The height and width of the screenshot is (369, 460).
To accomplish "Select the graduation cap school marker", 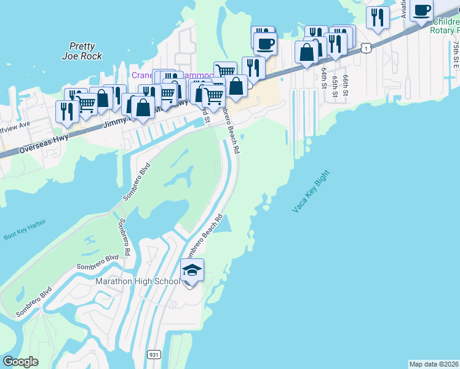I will pyautogui.click(x=192, y=271).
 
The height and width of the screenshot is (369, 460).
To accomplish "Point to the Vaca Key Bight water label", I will pyautogui.click(x=311, y=192).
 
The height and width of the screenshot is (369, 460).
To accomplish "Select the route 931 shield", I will pyautogui.click(x=154, y=354).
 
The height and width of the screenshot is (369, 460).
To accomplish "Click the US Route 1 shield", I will pyautogui.click(x=366, y=47).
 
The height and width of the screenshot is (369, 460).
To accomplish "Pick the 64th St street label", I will pyautogui.click(x=324, y=78).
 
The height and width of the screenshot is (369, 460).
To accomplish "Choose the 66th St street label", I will pyautogui.click(x=346, y=85).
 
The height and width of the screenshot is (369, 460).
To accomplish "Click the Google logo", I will pyautogui.click(x=20, y=362).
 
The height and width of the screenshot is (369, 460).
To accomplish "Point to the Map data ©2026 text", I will pyautogui.click(x=434, y=364).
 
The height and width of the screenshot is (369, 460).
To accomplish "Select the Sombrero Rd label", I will pyautogui.click(x=124, y=237).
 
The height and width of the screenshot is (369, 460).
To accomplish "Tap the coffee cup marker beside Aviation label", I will pyautogui.click(x=422, y=11).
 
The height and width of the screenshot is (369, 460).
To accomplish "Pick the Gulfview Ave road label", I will pyautogui.click(x=15, y=125).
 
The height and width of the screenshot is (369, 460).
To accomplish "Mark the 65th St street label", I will pyautogui.click(x=335, y=85).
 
